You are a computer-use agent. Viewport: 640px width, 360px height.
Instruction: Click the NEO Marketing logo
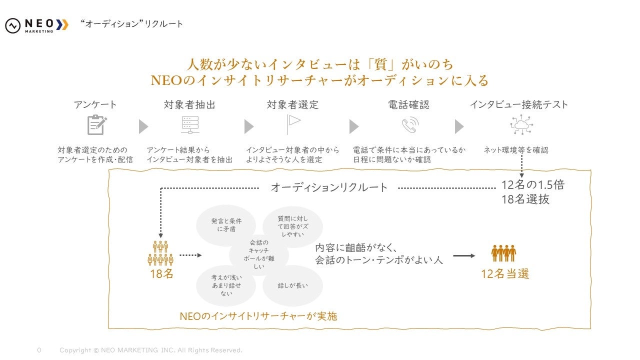(x=36, y=25)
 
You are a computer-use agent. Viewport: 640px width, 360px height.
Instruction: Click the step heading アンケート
(x=95, y=104)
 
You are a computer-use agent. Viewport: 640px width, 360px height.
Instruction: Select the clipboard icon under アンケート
(x=96, y=125)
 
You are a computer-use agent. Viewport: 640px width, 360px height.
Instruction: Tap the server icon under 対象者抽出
(x=190, y=125)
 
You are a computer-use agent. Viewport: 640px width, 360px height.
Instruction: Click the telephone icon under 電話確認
(x=409, y=125)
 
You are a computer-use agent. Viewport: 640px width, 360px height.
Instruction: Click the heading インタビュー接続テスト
(x=518, y=104)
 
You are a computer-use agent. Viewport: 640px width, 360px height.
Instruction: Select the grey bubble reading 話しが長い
(x=292, y=285)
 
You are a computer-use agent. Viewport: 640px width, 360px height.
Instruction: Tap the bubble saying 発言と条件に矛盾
(x=226, y=225)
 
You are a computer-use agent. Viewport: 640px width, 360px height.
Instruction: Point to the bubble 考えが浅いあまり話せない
(x=226, y=285)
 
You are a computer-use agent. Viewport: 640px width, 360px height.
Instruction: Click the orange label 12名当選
(x=505, y=273)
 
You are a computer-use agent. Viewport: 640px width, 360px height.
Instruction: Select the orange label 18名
(x=161, y=274)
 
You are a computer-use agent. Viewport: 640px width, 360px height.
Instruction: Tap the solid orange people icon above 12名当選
(x=503, y=253)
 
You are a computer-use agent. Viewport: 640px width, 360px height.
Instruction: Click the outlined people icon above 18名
(x=160, y=253)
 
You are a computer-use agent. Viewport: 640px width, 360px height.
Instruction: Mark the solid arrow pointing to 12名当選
(x=464, y=255)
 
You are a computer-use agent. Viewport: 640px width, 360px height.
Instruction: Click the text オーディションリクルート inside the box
(x=329, y=187)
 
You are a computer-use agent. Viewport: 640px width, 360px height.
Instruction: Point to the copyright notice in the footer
(x=150, y=350)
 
